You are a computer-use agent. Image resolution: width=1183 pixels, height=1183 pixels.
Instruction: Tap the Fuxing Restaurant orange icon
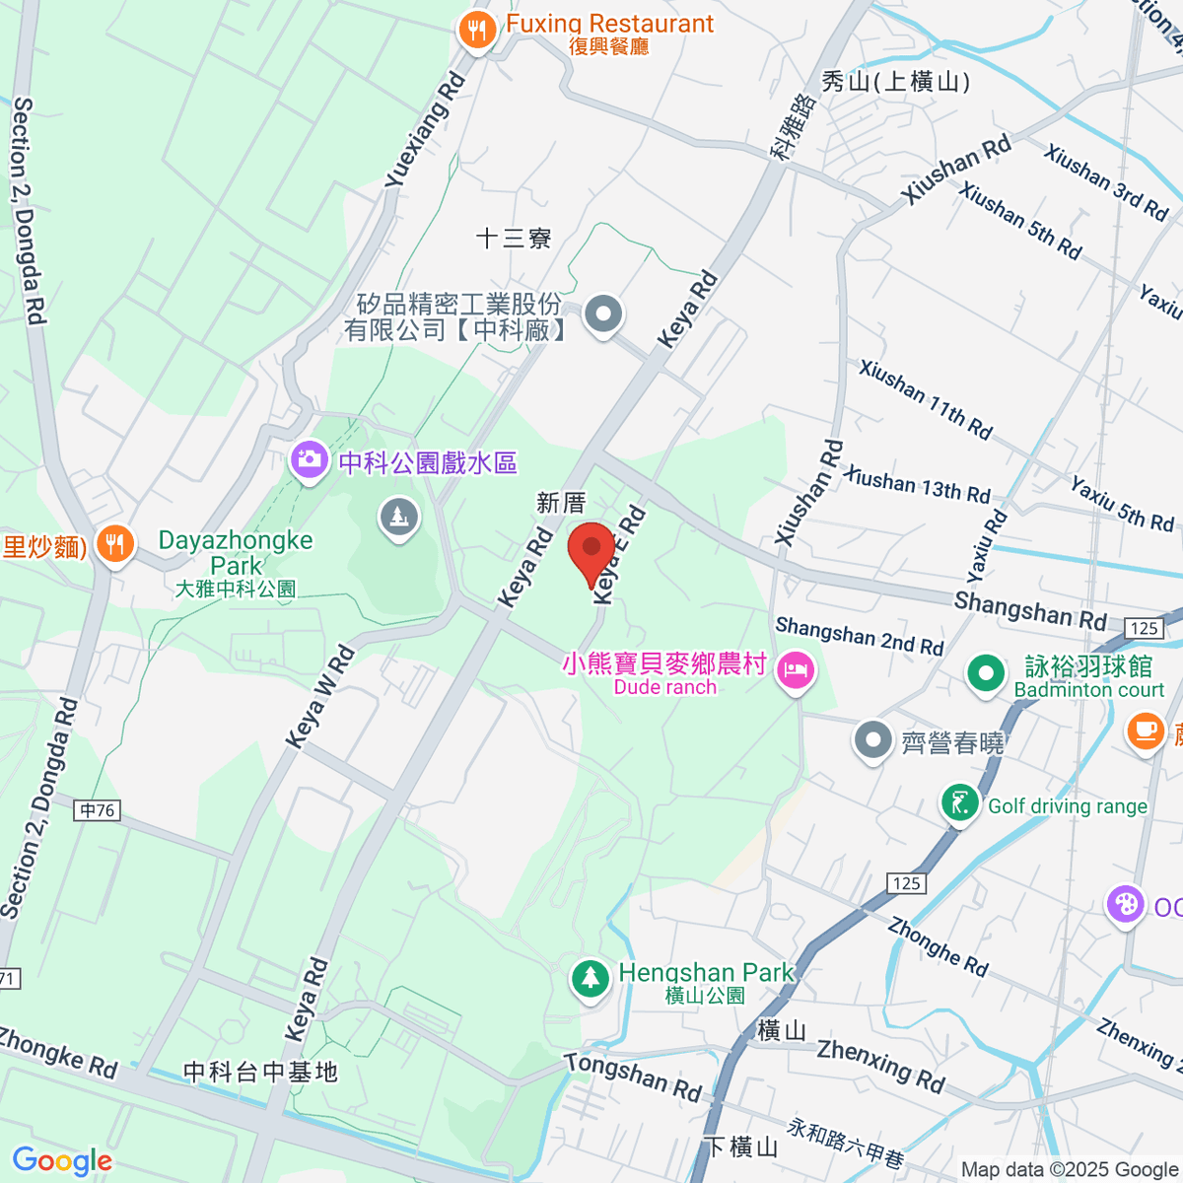click(x=477, y=31)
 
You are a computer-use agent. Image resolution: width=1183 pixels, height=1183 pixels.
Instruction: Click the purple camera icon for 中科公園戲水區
click(x=310, y=459)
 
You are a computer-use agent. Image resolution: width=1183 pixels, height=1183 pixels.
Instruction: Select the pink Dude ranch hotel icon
click(x=795, y=672)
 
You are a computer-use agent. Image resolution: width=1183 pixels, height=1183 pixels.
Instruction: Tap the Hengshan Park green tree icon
click(x=590, y=978)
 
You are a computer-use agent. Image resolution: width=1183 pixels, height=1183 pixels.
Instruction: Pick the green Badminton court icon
click(x=985, y=674)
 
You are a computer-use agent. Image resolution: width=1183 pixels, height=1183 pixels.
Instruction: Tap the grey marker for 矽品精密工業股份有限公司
click(x=603, y=314)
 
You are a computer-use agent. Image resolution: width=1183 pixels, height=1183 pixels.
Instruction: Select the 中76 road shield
click(x=98, y=810)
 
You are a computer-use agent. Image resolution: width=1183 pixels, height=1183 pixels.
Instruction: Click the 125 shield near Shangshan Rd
click(x=1144, y=628)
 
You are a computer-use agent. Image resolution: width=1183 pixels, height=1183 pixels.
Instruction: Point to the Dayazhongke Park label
click(x=236, y=553)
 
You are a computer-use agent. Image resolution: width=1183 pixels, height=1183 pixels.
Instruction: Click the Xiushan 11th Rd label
click(x=925, y=397)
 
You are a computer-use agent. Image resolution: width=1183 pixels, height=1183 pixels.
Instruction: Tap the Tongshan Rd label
click(x=632, y=1076)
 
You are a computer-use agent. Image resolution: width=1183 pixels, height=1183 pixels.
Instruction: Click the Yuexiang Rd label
click(x=424, y=129)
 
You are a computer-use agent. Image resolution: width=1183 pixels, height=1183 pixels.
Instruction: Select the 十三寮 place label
click(x=513, y=239)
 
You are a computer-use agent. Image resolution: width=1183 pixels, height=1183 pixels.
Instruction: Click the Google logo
click(x=61, y=1161)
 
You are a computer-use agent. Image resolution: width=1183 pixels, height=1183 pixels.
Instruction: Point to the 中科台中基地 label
click(x=260, y=1072)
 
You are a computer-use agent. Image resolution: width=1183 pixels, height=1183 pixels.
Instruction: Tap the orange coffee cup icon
click(x=1144, y=731)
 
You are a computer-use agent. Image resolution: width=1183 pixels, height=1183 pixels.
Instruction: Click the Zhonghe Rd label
click(x=937, y=945)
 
